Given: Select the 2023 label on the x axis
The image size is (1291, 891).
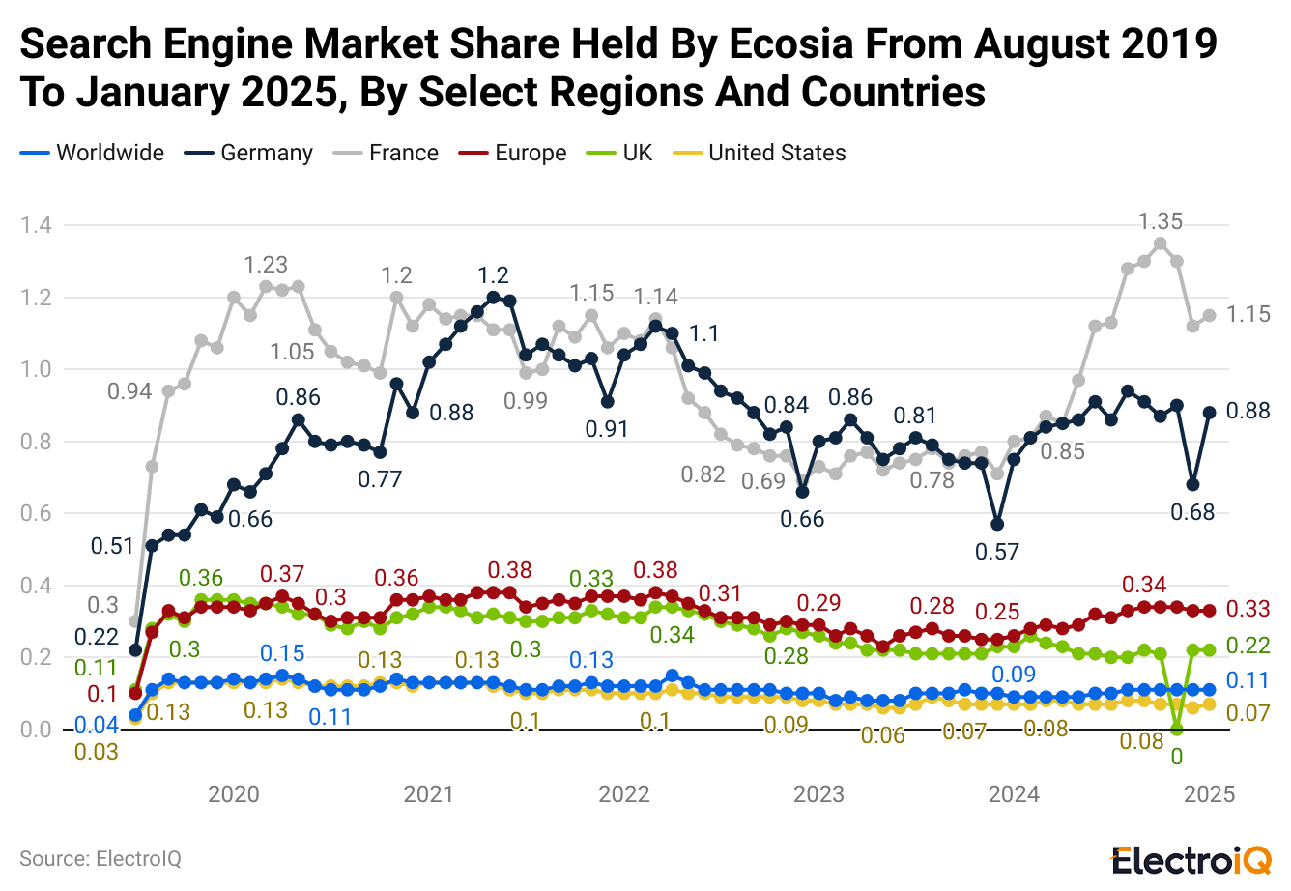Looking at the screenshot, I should coord(818,794).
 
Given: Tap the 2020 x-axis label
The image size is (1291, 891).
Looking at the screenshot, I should coord(234,794).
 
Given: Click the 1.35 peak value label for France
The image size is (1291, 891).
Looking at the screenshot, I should coord(1160,221).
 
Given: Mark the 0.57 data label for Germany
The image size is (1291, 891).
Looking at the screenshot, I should coord(997,552).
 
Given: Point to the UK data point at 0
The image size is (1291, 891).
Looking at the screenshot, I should coord(1176,729).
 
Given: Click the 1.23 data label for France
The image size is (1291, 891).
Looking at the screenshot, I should coord(266,265).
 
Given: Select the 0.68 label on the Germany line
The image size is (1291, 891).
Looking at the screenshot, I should coord(1192,512).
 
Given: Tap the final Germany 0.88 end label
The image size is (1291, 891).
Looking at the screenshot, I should coord(1248,411).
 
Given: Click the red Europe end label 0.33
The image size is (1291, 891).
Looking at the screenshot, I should coord(1248,609).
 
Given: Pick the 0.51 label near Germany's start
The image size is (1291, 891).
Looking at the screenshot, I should coord(112,546).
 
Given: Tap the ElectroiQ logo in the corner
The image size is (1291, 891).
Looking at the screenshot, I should coord(1191,858).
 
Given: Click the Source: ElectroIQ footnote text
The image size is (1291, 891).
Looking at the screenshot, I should coord(100,858).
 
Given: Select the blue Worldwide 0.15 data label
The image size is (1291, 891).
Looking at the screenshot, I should coord(282,652).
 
